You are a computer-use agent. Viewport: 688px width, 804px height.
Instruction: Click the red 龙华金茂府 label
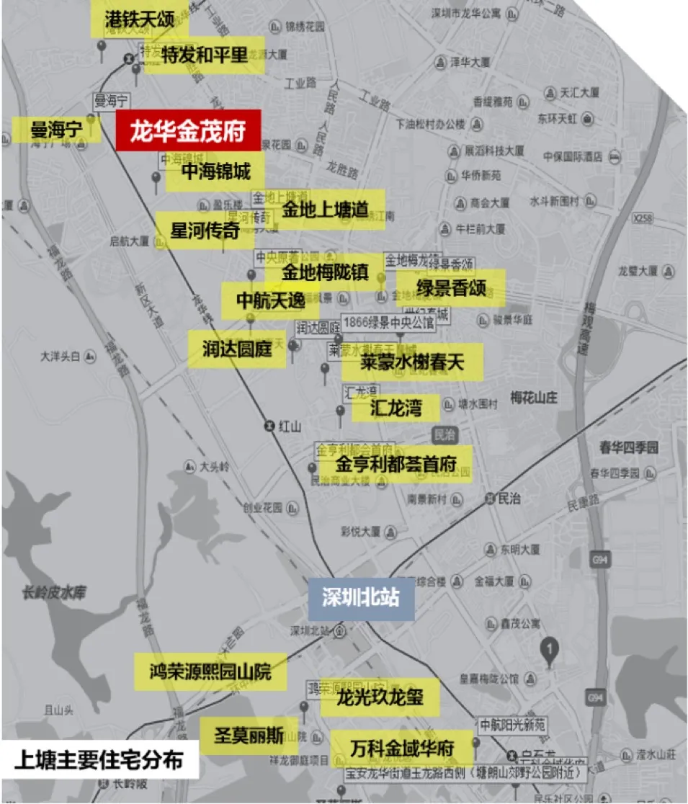tap(187, 132)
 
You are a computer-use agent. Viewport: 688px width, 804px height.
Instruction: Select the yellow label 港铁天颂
tap(140, 19)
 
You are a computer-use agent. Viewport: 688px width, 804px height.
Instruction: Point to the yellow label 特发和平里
tap(205, 55)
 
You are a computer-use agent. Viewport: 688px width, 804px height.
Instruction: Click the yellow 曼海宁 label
tap(56, 130)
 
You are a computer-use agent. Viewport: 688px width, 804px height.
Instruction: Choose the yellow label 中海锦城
tap(215, 171)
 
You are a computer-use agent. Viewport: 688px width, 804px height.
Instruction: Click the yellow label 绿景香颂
tap(451, 288)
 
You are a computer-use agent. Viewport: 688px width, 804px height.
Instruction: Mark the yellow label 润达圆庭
tap(236, 349)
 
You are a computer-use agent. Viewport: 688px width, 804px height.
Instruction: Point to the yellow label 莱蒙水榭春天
tap(412, 362)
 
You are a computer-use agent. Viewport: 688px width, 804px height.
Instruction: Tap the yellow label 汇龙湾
tap(395, 408)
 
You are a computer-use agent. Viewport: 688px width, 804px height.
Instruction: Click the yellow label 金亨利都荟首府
tap(396, 464)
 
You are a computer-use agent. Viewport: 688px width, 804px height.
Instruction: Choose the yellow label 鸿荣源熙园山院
tap(210, 672)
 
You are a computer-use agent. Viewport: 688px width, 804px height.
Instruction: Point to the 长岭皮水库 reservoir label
tap(54, 593)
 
